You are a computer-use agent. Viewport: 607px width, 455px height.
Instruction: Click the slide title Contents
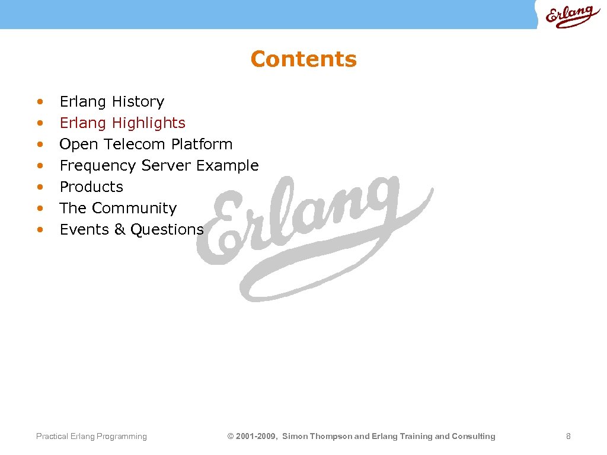point(303,59)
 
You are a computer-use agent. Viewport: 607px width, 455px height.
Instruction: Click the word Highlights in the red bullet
point(148,123)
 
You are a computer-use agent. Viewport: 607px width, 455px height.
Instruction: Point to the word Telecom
point(135,145)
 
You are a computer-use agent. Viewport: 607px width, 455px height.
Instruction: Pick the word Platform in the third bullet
point(202,145)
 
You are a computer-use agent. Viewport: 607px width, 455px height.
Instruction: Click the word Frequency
point(98,166)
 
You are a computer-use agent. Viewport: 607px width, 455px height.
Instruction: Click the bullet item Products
point(91,187)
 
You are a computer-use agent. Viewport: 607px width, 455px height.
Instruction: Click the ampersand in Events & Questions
point(120,230)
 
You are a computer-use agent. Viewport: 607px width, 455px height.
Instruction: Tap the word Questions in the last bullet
point(167,230)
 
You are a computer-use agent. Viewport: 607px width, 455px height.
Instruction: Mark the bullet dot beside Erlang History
point(40,102)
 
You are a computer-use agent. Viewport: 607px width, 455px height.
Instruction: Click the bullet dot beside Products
point(40,188)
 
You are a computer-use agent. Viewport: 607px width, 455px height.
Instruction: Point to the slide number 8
point(568,437)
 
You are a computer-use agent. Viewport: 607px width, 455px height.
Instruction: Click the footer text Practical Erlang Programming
point(91,437)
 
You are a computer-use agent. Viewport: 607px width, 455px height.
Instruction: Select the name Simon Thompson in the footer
point(317,437)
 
